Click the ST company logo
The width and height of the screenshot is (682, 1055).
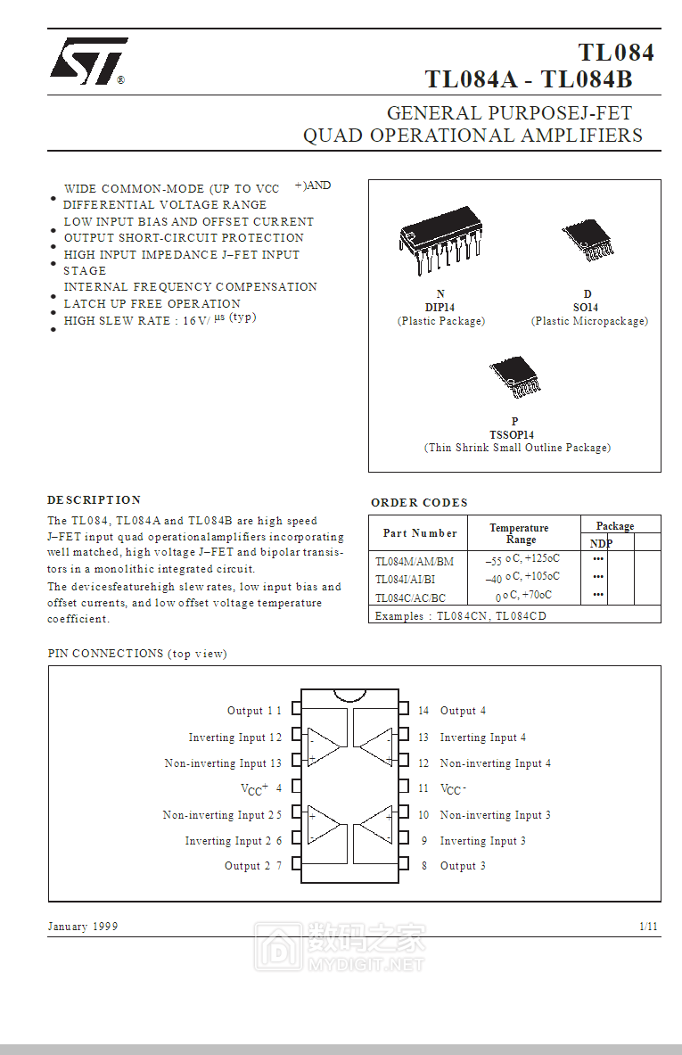coord(87,62)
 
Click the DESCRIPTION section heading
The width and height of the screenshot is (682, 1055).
coord(94,500)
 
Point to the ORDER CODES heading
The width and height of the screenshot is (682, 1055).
coord(419,503)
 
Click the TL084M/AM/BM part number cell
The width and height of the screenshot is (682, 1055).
coord(415,561)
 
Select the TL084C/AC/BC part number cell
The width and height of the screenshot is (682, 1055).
coord(410,598)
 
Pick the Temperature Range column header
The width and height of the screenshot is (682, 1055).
coord(520,533)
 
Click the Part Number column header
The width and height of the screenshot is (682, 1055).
coord(420,533)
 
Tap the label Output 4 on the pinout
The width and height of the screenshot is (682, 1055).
coord(463,711)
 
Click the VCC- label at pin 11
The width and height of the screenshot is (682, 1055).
coord(454,789)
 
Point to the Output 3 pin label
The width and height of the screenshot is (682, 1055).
coord(463,866)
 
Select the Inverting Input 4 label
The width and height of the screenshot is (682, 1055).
coord(482,738)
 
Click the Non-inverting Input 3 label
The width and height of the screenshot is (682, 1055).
coord(495,815)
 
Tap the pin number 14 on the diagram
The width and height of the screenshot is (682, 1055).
coord(423,711)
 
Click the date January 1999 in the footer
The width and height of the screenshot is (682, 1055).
coord(83,927)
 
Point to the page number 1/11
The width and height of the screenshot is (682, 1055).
coord(649,927)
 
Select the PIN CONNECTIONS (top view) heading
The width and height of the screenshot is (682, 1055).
coord(137,654)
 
